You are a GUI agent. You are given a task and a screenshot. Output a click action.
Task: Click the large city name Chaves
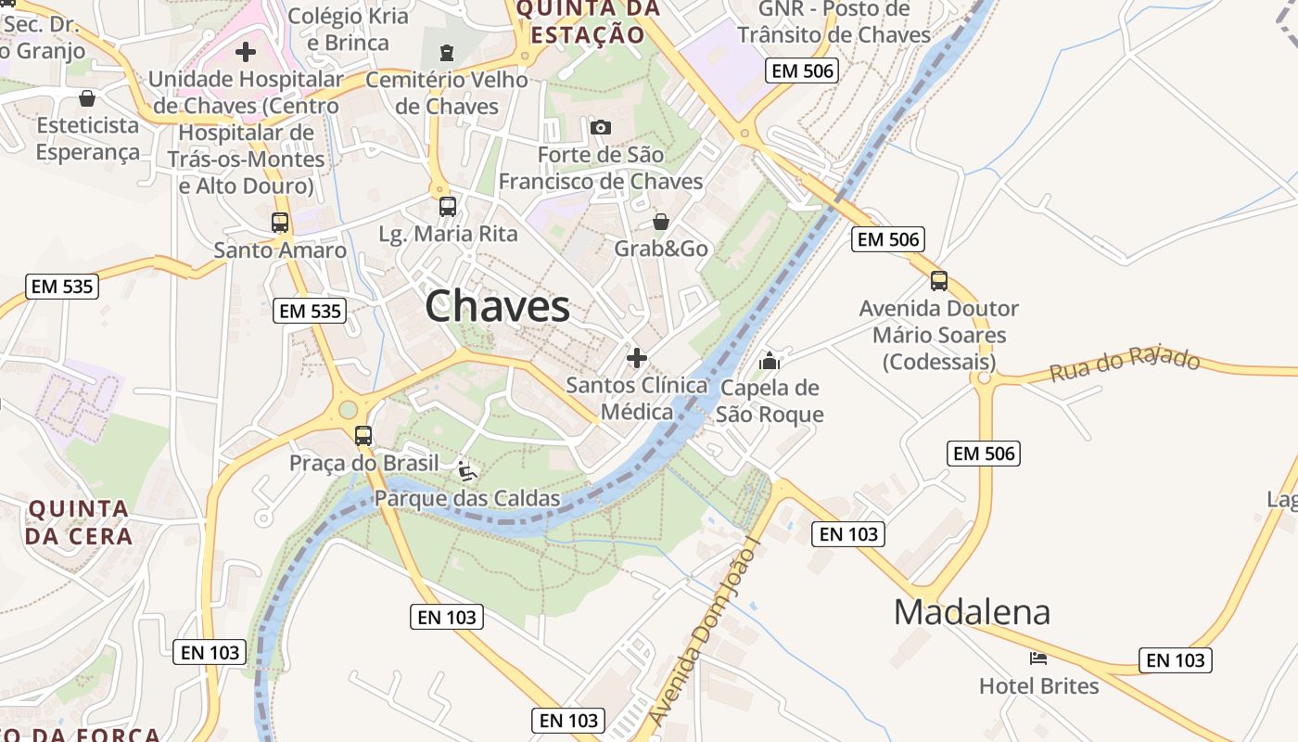[x=497, y=306]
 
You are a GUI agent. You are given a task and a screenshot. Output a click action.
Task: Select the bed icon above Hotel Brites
[x=1038, y=659]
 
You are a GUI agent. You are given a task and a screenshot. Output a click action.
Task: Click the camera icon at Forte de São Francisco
[x=601, y=127]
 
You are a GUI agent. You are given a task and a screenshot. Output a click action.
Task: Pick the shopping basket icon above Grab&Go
[x=661, y=222]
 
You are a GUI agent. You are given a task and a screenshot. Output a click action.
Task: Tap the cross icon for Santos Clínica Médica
[x=637, y=357]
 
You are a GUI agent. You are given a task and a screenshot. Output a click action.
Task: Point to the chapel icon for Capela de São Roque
[x=769, y=361]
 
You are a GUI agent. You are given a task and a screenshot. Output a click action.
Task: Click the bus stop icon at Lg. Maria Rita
[x=448, y=207]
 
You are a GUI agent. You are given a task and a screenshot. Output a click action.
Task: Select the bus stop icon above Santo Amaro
[x=280, y=223]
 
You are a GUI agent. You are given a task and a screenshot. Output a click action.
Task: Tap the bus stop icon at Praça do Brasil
[x=363, y=436]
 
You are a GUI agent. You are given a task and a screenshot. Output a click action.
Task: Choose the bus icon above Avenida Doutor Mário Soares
[x=939, y=281]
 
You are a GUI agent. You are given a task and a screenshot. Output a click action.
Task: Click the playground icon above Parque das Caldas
[x=467, y=471]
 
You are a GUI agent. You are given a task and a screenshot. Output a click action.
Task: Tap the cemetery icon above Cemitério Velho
[x=448, y=51]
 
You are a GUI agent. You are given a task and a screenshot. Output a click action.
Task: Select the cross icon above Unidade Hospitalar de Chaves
[x=246, y=52]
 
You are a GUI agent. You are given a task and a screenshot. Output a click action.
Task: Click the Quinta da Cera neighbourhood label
[x=79, y=522]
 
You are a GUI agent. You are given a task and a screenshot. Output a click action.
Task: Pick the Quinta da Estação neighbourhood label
[x=588, y=21]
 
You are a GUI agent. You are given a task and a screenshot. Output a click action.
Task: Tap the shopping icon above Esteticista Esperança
[x=87, y=98]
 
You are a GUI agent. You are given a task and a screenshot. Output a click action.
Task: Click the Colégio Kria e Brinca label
[x=348, y=29]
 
